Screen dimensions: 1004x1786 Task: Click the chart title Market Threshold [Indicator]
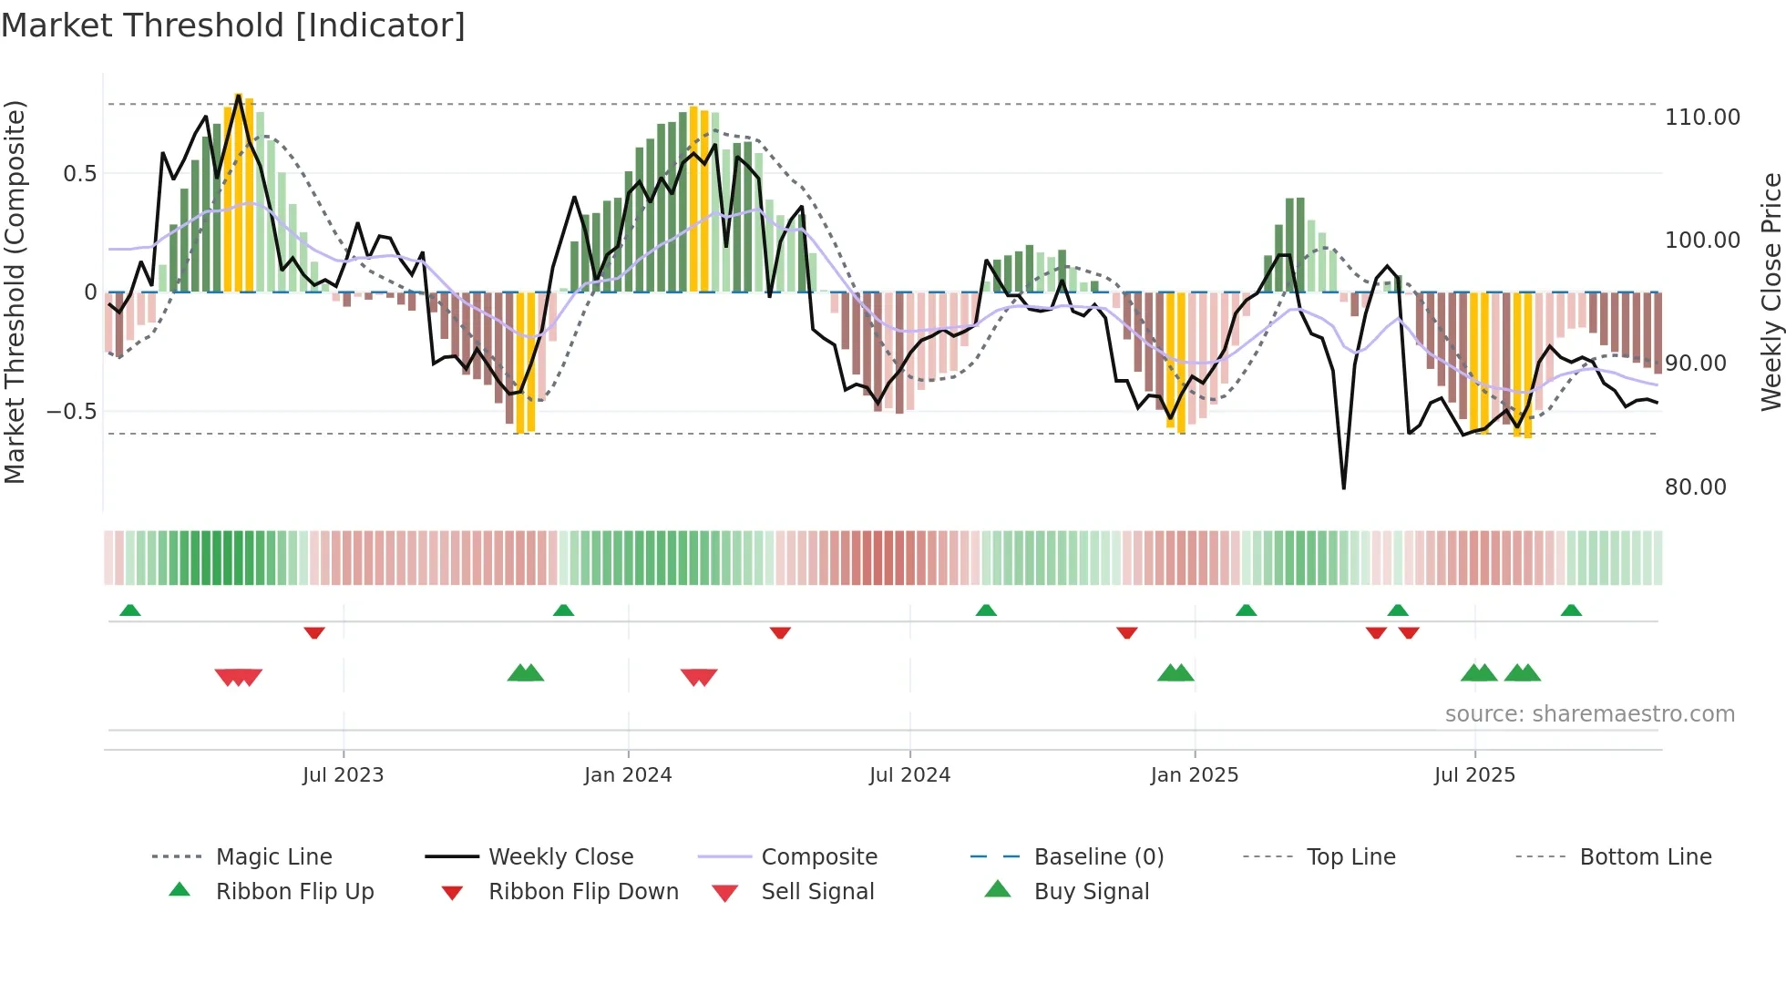click(x=233, y=26)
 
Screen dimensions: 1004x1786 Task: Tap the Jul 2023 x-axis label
click(x=343, y=774)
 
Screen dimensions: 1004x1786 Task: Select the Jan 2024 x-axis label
click(x=628, y=774)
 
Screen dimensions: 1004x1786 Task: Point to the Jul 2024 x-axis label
click(x=909, y=774)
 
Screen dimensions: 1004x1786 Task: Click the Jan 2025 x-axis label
click(x=1194, y=774)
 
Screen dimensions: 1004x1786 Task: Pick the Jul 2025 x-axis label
click(x=1474, y=774)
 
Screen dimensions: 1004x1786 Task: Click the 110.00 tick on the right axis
click(x=1701, y=118)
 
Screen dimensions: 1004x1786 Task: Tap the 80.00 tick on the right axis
click(x=1695, y=487)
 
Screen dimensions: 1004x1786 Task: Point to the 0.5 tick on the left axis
click(x=79, y=174)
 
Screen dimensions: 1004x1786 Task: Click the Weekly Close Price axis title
click(x=1771, y=292)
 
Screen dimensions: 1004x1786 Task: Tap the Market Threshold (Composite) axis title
click(x=15, y=292)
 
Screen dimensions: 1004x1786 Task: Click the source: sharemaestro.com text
click(x=1589, y=714)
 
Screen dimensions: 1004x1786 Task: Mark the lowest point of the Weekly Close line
click(x=1343, y=488)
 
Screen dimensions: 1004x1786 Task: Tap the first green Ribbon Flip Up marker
click(x=130, y=610)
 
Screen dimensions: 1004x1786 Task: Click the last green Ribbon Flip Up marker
click(x=1571, y=610)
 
